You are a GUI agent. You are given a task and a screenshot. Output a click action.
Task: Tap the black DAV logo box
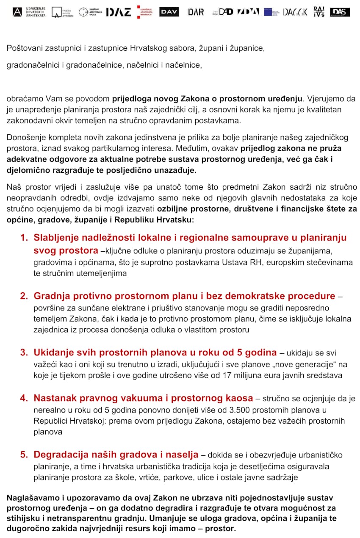(x=169, y=12)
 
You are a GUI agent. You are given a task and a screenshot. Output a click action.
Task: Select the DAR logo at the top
(x=196, y=12)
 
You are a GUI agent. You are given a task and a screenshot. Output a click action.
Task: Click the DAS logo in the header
(x=340, y=12)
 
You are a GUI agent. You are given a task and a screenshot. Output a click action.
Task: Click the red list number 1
(x=24, y=238)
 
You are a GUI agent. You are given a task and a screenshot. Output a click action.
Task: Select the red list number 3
(x=24, y=352)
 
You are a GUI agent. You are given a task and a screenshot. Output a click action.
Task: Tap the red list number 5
(x=24, y=455)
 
